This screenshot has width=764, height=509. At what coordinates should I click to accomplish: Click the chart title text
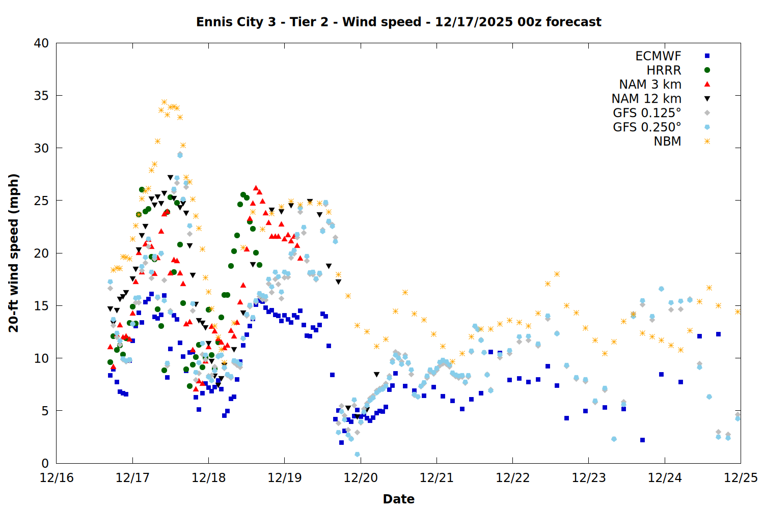coord(398,22)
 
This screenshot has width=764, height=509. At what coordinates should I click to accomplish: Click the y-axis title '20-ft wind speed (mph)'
coord(14,253)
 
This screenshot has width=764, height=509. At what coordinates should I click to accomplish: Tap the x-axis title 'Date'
coord(398,499)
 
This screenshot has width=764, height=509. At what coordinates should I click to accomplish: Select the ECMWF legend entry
coord(658,56)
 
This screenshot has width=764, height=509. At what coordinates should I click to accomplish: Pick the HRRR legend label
coord(664,70)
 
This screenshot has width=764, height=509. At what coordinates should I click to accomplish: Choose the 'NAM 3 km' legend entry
coord(650,84)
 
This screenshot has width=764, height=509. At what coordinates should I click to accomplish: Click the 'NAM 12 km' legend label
coord(646,99)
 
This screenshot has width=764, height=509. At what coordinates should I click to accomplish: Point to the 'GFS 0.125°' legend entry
coord(647,113)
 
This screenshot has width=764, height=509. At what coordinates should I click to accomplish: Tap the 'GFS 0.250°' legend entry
coord(647,127)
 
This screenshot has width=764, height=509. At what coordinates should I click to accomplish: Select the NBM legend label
coord(667,142)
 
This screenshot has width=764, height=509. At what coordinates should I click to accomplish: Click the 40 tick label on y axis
coord(41,43)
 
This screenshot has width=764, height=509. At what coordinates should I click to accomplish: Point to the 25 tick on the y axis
coord(41,201)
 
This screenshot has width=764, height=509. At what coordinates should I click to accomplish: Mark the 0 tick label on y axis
coord(45,463)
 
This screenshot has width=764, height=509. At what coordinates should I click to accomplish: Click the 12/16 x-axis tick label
coord(57,478)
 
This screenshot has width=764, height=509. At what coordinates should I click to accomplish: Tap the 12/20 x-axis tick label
coord(361,478)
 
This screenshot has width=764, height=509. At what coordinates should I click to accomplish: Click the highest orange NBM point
coord(164,102)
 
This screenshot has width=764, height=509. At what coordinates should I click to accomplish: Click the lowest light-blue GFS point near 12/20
coord(357,454)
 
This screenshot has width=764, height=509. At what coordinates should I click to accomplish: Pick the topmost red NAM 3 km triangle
coord(256,188)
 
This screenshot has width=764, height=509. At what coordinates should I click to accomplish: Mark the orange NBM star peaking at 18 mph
coord(557,274)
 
